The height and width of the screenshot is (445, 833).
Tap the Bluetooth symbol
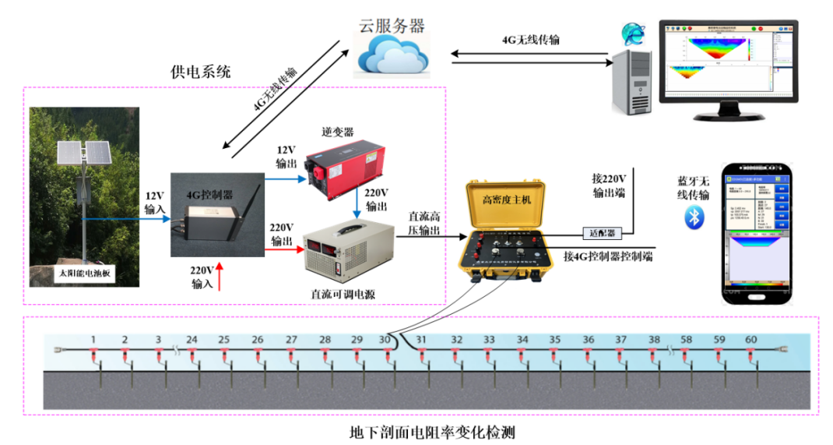(x=693, y=217)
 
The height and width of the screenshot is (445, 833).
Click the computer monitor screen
(x=725, y=62)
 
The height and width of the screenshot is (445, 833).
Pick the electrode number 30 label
(x=385, y=340)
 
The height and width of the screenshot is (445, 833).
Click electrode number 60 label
(x=750, y=340)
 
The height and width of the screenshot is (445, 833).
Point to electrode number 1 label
(x=93, y=340)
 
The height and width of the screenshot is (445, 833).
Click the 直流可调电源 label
(x=343, y=293)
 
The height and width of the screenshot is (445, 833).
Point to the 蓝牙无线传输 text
(x=693, y=188)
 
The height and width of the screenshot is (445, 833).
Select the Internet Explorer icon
(x=631, y=34)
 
